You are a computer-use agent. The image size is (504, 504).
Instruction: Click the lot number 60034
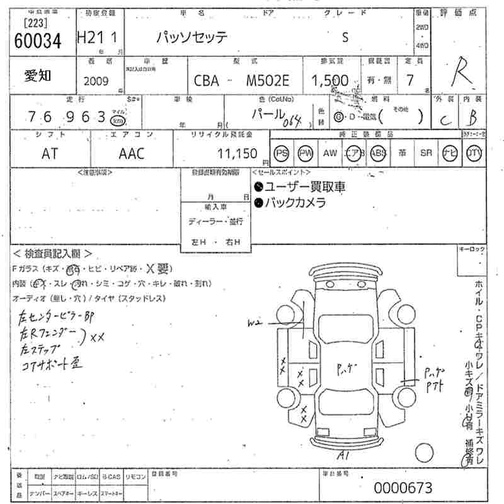[x=38, y=41]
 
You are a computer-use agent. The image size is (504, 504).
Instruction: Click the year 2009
[x=96, y=81]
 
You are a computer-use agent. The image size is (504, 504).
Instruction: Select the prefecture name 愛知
[x=37, y=76]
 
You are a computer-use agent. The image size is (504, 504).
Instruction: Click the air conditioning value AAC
[x=131, y=153]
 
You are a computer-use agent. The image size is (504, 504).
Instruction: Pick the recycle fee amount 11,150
[x=237, y=153]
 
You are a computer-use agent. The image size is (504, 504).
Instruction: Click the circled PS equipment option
[x=282, y=153]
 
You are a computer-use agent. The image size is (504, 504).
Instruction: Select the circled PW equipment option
[x=305, y=153]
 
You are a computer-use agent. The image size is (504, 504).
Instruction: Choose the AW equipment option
[x=329, y=153]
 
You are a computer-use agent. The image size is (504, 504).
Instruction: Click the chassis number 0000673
[x=403, y=487]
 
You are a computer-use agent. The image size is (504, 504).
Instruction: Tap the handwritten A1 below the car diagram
[x=343, y=454]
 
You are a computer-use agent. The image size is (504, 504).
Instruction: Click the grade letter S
[x=345, y=37]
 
